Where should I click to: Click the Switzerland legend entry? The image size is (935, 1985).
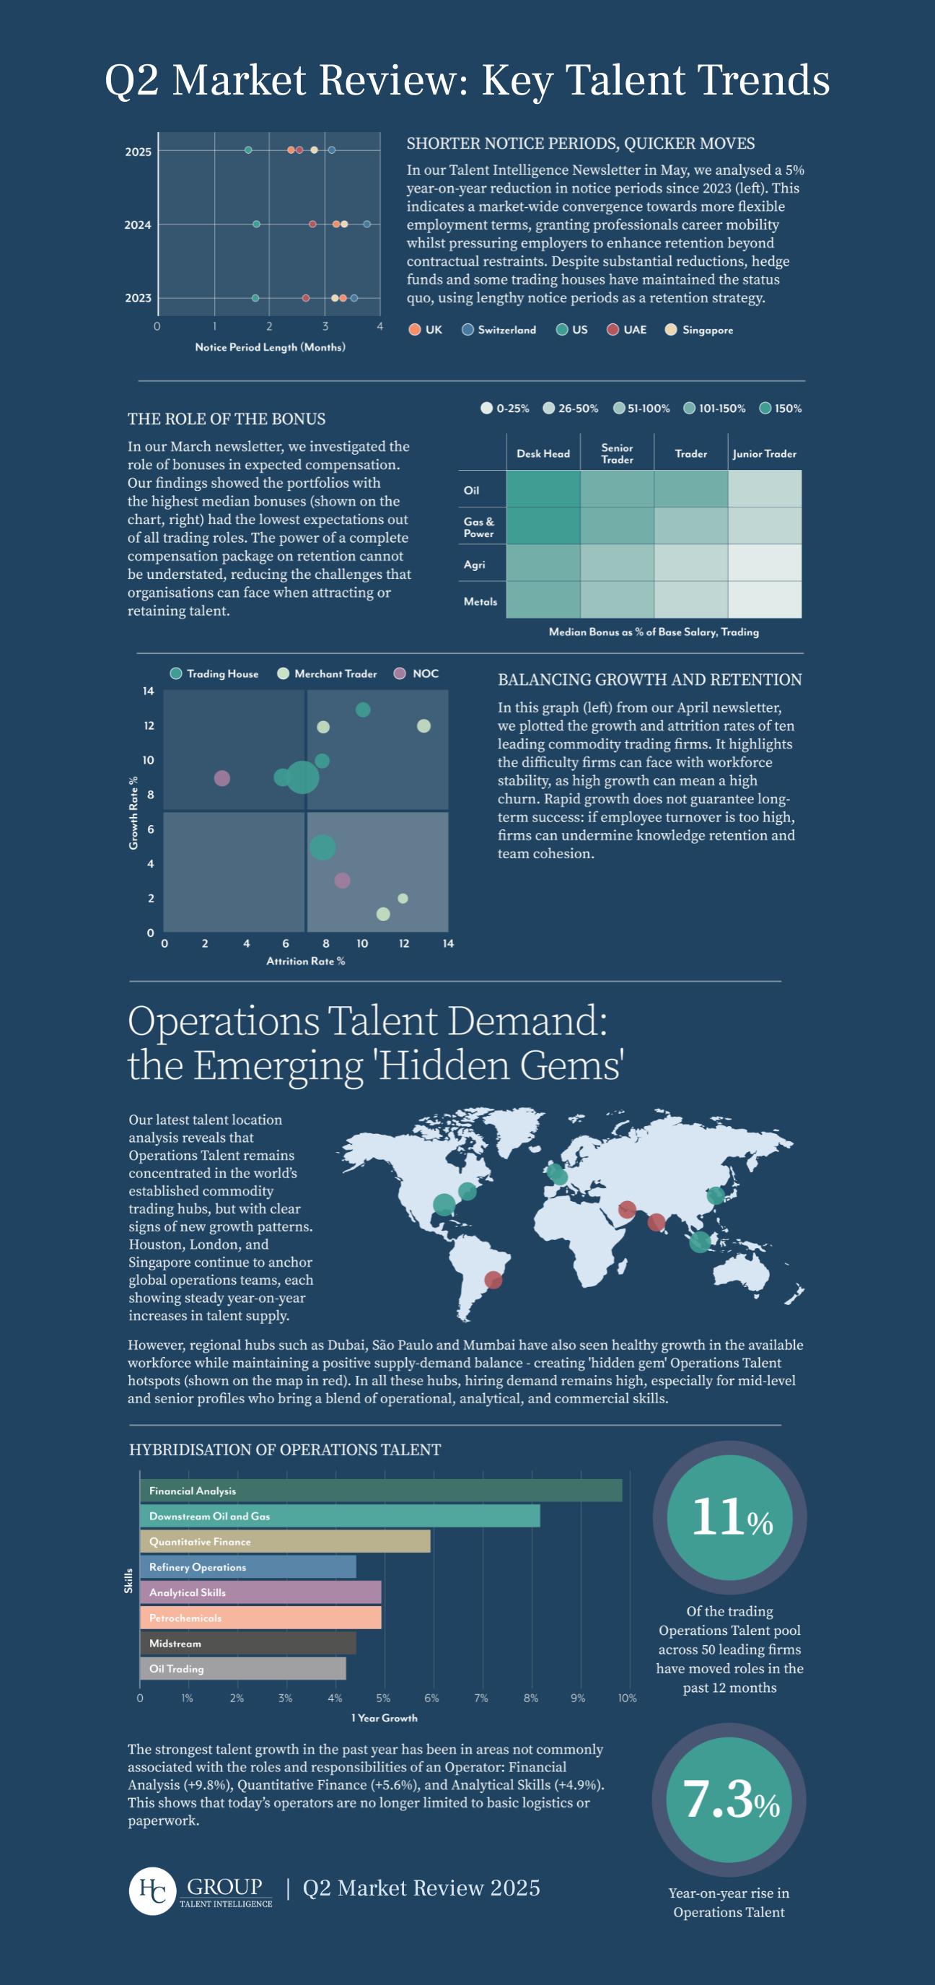[x=499, y=330]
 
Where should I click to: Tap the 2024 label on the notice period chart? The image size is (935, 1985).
[x=138, y=225]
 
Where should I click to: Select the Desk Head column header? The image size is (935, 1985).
[x=543, y=454]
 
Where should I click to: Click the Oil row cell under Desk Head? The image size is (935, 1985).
[x=543, y=489]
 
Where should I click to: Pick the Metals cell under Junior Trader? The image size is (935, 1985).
[x=765, y=601]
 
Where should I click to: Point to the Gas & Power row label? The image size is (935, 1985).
[x=479, y=527]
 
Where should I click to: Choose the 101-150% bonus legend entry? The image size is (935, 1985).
[x=715, y=409]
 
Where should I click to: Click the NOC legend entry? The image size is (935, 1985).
[x=417, y=673]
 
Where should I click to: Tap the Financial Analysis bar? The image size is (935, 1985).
[x=380, y=1491]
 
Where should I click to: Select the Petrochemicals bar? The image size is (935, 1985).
[x=260, y=1618]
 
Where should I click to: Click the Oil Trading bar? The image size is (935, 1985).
[x=242, y=1668]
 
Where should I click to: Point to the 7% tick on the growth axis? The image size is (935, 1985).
[x=481, y=1698]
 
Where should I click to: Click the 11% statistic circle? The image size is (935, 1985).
[x=729, y=1517]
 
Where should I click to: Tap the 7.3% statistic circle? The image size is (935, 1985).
[x=729, y=1799]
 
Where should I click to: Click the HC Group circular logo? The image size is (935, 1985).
[x=152, y=1890]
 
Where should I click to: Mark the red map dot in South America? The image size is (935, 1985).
[x=493, y=1280]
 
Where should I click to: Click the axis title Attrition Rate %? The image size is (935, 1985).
[x=306, y=961]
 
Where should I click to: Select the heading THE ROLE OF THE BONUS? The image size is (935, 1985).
[x=227, y=419]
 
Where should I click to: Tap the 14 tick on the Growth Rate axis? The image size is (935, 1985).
[x=148, y=692]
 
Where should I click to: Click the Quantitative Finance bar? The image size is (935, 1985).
[x=285, y=1541]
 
